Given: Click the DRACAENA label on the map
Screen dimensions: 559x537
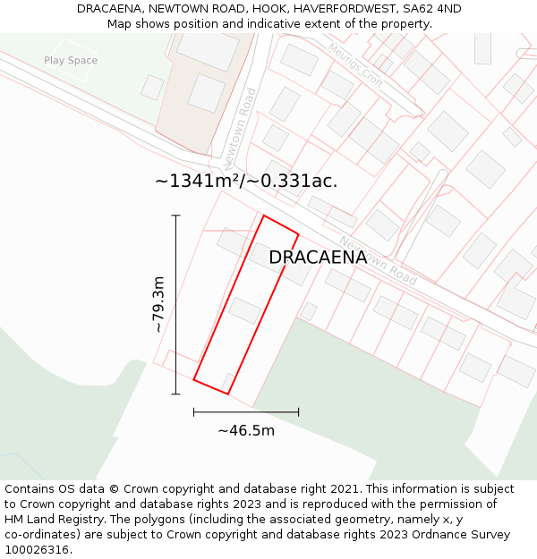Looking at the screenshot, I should (x=318, y=258).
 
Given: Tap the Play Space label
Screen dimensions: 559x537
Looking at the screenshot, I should (x=71, y=61).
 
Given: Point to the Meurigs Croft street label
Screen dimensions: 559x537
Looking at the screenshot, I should (x=355, y=66).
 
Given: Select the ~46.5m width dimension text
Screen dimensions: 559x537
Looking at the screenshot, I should (x=246, y=430).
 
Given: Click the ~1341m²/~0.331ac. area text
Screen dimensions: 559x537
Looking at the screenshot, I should (x=246, y=181).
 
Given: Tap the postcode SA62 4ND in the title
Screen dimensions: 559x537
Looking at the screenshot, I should (x=431, y=9).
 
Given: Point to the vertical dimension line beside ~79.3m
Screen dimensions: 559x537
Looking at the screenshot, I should (x=175, y=304).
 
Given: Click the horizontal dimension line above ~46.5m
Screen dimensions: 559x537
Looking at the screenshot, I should (x=246, y=412).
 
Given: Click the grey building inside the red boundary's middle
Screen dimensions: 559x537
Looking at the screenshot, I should (x=244, y=310).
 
